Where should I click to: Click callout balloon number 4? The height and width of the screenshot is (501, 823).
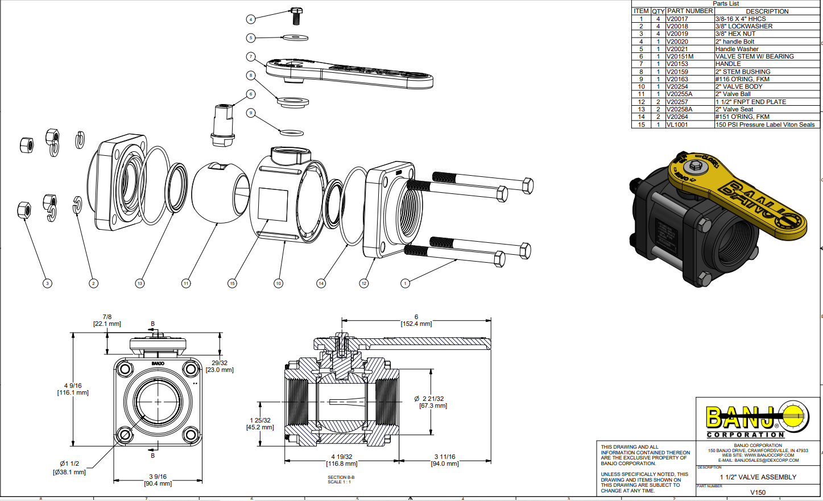(251, 19)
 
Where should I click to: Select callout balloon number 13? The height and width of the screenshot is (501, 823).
(140, 283)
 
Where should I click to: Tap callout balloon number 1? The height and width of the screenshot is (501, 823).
(405, 283)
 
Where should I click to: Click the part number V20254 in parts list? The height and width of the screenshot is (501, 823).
(677, 86)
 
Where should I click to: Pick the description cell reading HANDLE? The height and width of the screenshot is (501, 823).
(728, 64)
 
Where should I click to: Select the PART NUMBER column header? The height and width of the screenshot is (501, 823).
(690, 11)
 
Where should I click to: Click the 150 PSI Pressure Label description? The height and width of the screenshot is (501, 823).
(764, 125)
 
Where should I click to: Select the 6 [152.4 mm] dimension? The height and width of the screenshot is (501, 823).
(416, 320)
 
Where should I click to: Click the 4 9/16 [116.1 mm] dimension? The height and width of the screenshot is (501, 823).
(73, 389)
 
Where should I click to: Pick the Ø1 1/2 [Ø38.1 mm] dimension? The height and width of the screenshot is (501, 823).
(69, 467)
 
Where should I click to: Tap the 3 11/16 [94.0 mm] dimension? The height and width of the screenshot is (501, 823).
(445, 460)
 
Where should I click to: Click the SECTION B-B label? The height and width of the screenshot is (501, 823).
(341, 477)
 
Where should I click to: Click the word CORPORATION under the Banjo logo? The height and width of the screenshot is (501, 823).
(745, 435)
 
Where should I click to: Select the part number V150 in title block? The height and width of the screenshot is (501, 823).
(758, 492)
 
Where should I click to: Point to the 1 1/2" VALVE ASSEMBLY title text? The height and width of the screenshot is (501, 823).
(758, 477)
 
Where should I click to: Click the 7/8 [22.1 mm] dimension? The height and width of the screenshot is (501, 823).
(107, 320)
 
